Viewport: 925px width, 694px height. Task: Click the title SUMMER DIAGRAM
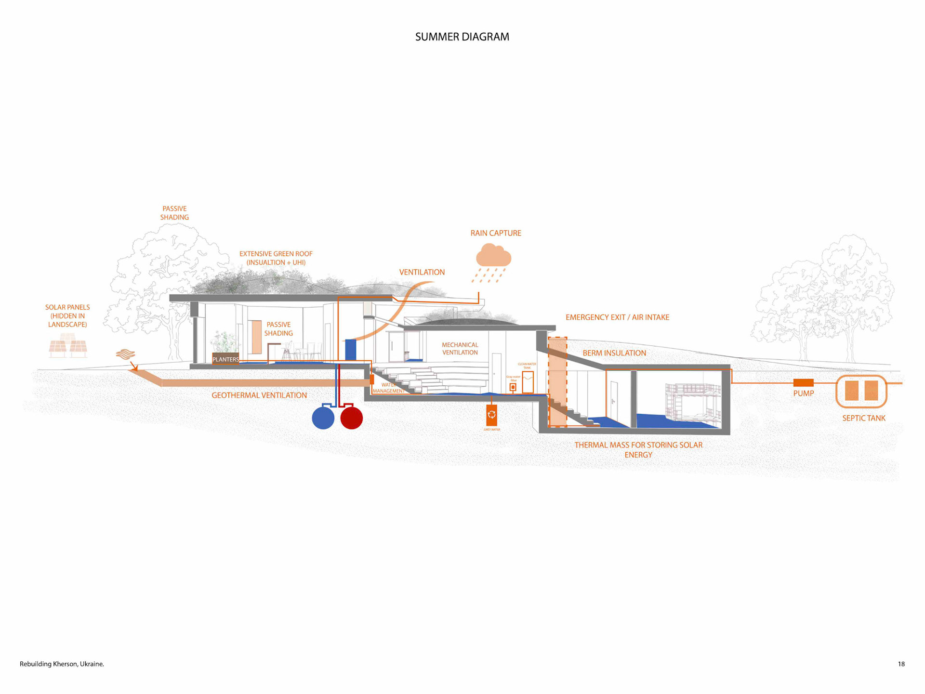[462, 37]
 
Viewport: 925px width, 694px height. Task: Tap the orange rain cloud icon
[493, 256]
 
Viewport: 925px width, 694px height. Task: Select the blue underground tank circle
[323, 418]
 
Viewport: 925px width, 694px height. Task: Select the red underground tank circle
[351, 418]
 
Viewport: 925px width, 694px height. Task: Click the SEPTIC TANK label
[863, 418]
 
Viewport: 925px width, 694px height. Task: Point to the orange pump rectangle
[803, 383]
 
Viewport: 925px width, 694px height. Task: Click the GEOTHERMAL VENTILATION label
[259, 395]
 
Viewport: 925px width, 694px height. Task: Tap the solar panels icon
[68, 348]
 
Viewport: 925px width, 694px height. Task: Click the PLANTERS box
[225, 359]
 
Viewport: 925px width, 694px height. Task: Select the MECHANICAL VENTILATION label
[460, 349]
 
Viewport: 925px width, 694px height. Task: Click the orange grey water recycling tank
[491, 415]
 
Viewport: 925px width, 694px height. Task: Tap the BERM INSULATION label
[614, 353]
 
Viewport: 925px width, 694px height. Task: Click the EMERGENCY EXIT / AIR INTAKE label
[617, 317]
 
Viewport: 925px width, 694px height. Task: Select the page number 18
[901, 664]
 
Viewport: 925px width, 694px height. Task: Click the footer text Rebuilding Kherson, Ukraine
[62, 664]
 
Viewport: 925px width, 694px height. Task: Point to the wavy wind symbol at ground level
[125, 354]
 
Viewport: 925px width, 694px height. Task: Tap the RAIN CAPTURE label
[496, 233]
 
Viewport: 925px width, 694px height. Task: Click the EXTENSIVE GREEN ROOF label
[276, 258]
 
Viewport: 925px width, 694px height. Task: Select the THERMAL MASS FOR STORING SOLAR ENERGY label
[638, 450]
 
